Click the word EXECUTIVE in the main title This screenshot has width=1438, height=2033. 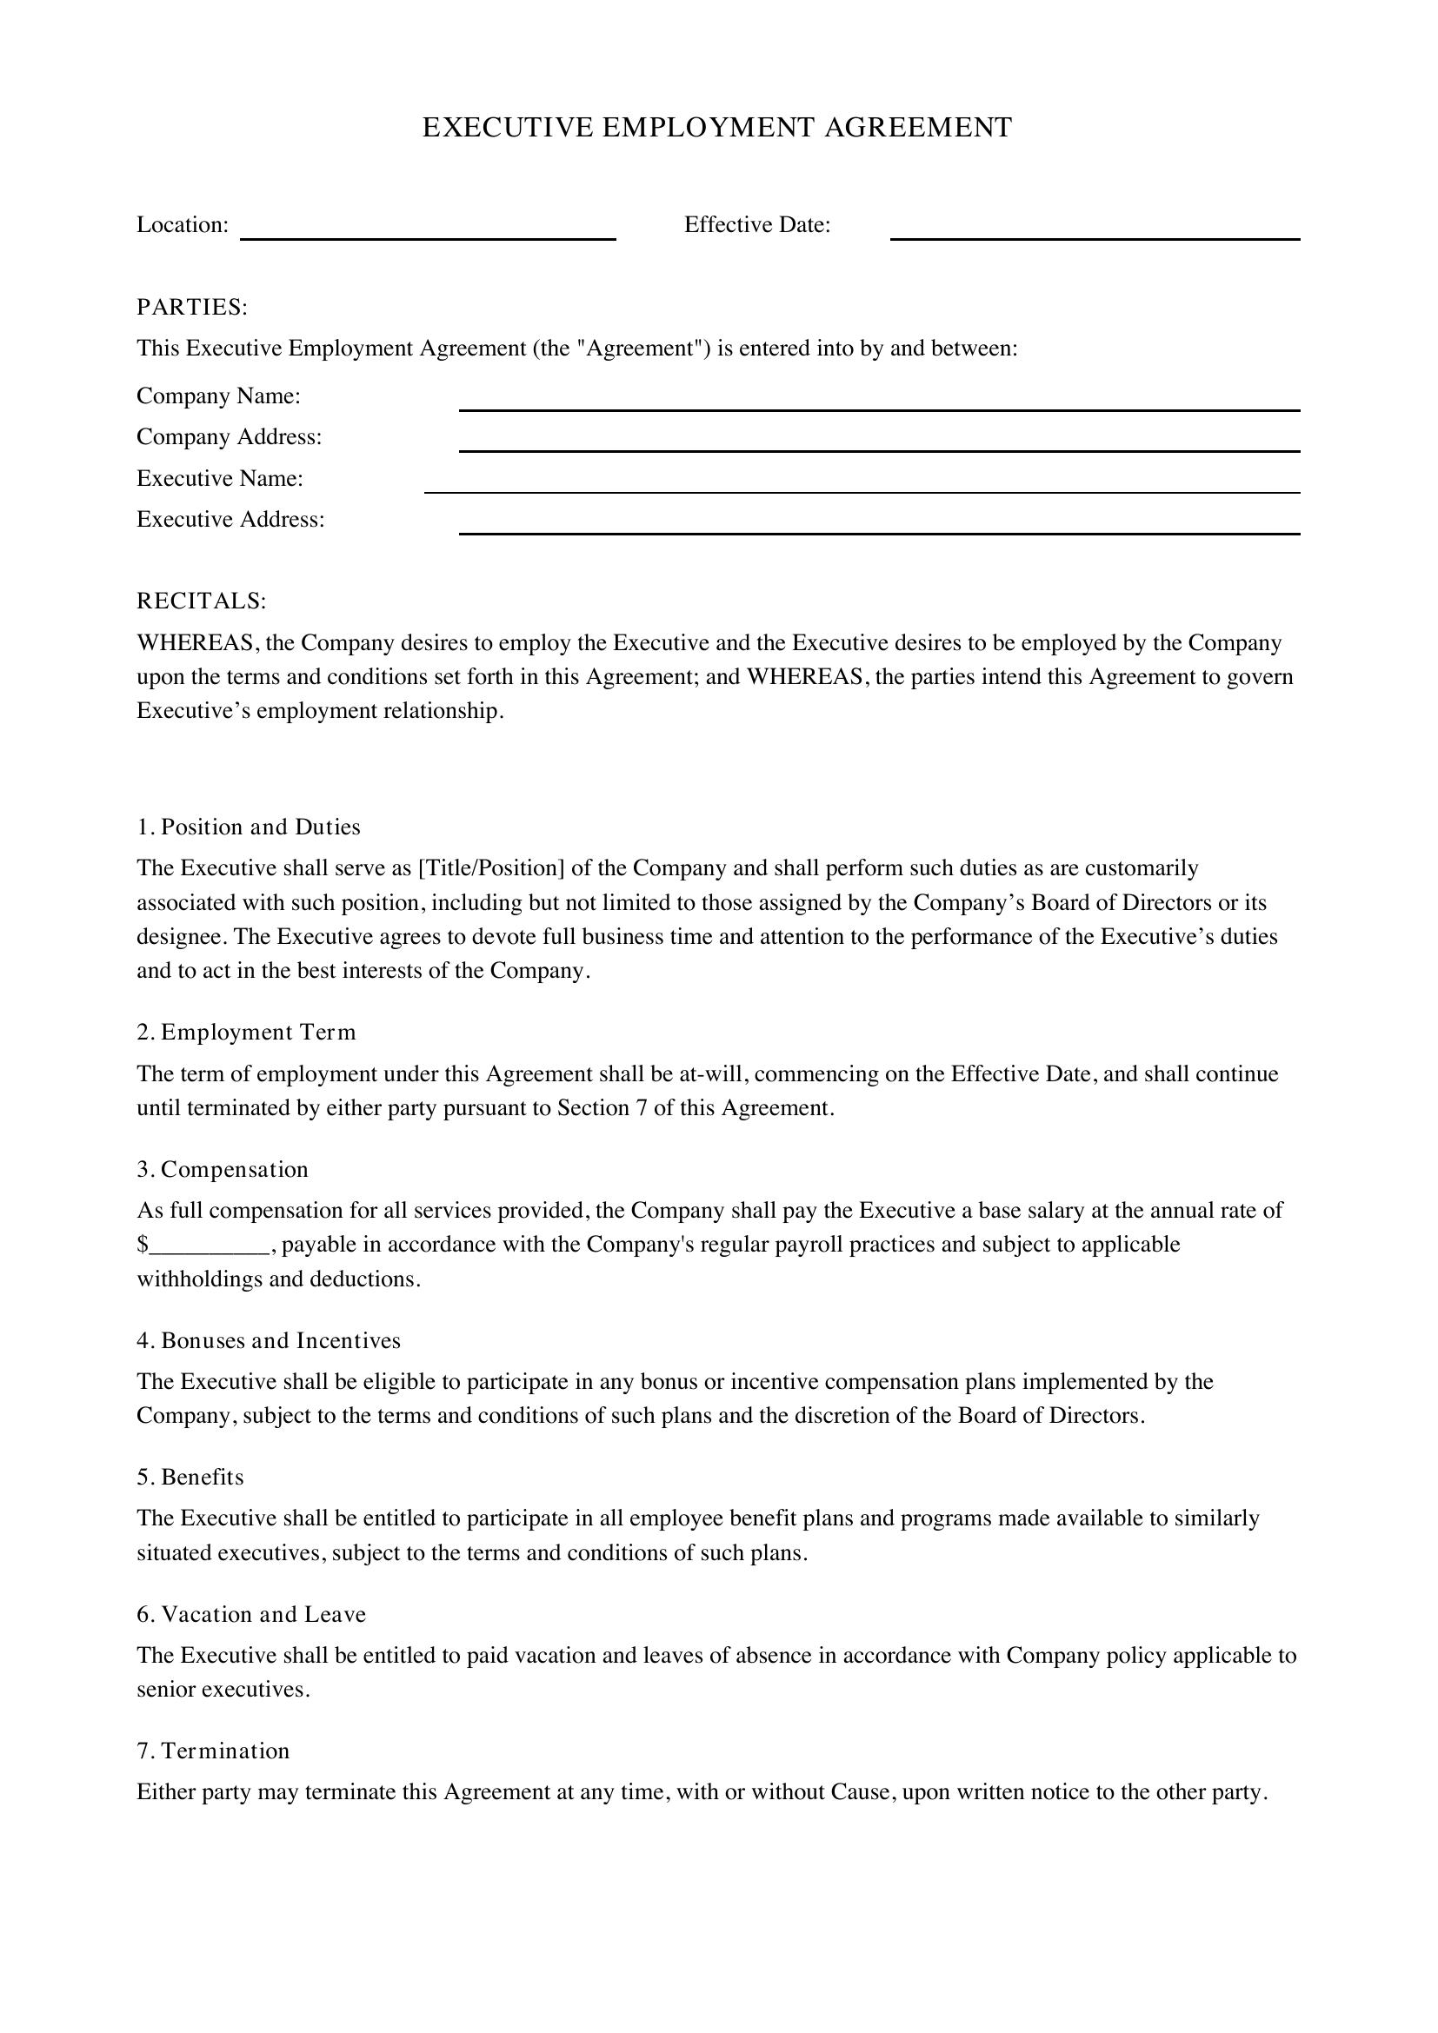(508, 128)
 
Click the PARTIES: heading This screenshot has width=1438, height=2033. (192, 307)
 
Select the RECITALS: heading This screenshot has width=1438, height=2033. (201, 601)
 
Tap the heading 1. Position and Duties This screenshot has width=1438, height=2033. (249, 827)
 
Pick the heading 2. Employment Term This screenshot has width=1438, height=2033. (246, 1033)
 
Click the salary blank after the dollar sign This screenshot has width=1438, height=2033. (210, 1245)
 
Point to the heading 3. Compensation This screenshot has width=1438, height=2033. (223, 1170)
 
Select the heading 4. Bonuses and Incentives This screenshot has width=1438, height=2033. (269, 1340)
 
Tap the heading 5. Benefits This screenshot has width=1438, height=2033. (190, 1478)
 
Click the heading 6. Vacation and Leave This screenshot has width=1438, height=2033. (251, 1614)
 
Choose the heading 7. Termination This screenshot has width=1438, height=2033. (213, 1751)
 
